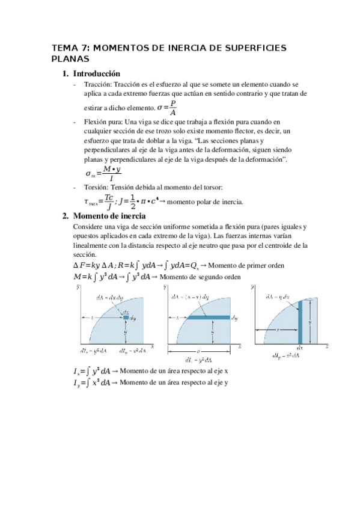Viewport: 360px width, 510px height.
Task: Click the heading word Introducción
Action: click(x=97, y=73)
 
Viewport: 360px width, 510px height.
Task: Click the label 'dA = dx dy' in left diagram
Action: click(x=111, y=297)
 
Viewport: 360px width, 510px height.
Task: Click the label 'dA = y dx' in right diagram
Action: click(x=278, y=297)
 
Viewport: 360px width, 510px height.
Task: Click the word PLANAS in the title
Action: click(x=70, y=59)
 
